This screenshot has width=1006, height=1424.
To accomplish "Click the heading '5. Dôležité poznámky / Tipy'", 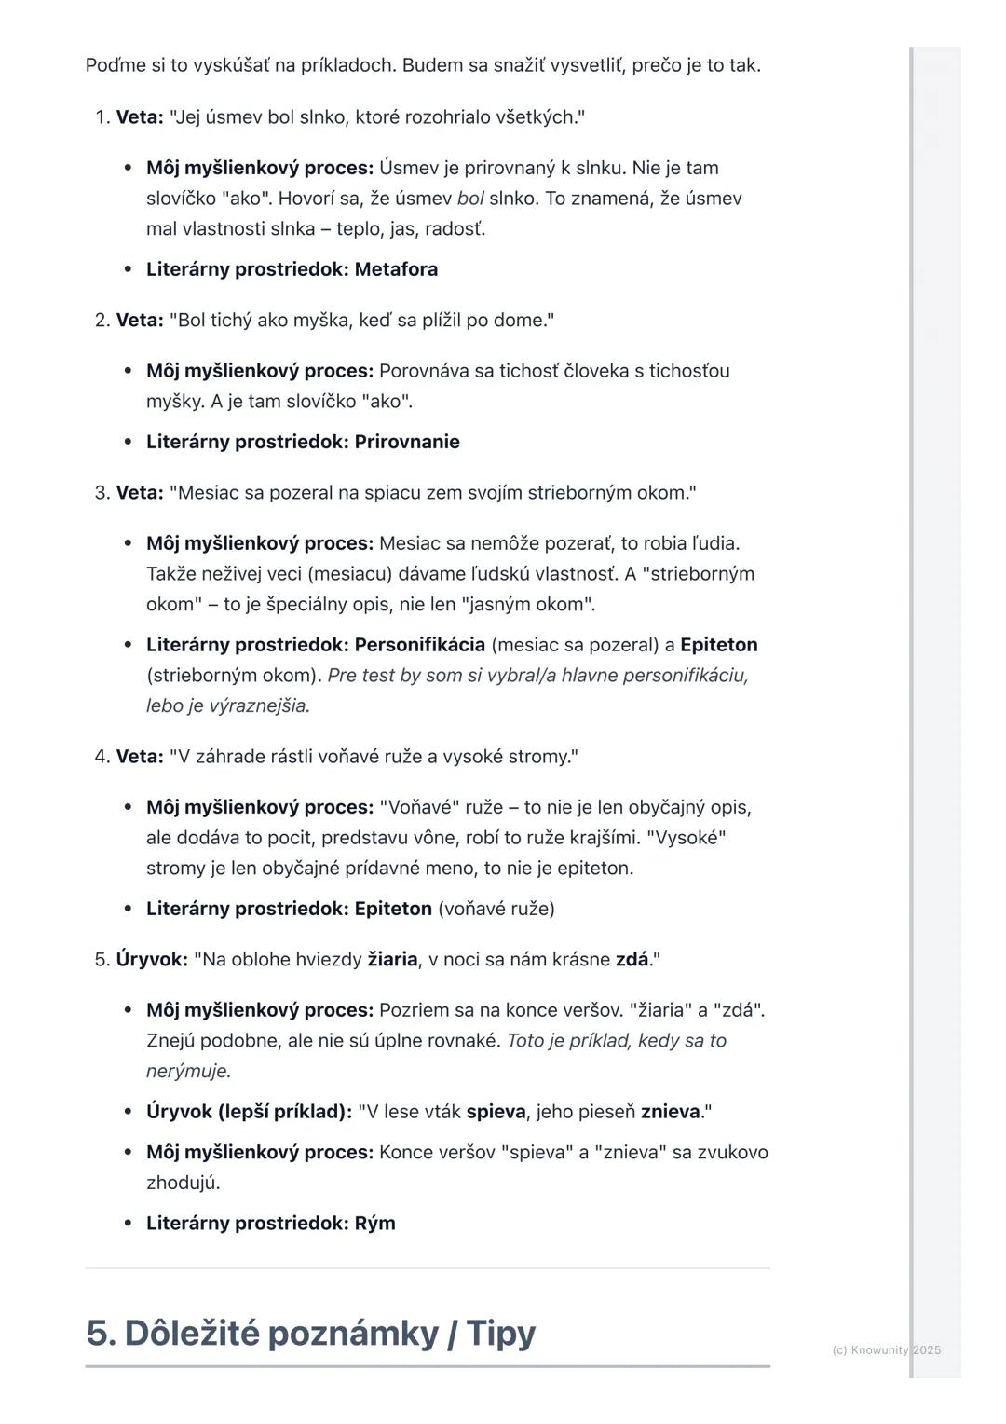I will coord(310,1333).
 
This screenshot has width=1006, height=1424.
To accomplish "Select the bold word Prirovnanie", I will coord(407,442).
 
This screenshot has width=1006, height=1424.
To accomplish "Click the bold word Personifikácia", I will coord(419,645).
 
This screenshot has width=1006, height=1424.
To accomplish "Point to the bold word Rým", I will coord(374,1223).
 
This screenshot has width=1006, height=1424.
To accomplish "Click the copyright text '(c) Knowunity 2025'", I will coord(886,1349).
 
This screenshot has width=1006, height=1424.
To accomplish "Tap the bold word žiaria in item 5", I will coord(392,959).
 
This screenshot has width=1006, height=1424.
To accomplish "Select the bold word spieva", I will coord(496,1112).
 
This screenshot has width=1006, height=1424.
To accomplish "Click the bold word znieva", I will coord(670,1112).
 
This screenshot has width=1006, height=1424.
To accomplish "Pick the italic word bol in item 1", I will coord(470,199).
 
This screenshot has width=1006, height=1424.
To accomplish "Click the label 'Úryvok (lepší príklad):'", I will coord(249,1112).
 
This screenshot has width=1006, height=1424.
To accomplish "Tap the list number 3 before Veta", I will coord(101,492).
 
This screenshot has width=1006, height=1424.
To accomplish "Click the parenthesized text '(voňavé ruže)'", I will coord(496,909).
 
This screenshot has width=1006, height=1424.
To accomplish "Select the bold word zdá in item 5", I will coord(632,959).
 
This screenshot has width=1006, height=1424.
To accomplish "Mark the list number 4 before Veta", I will coord(101,756).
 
